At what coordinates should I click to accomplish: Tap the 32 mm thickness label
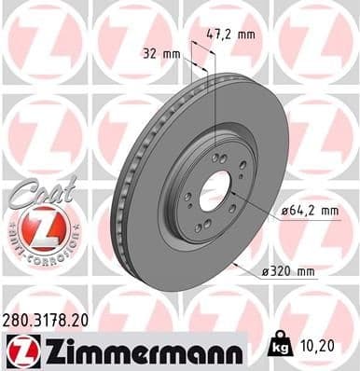[159, 53]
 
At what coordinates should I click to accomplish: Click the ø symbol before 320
[265, 271]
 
